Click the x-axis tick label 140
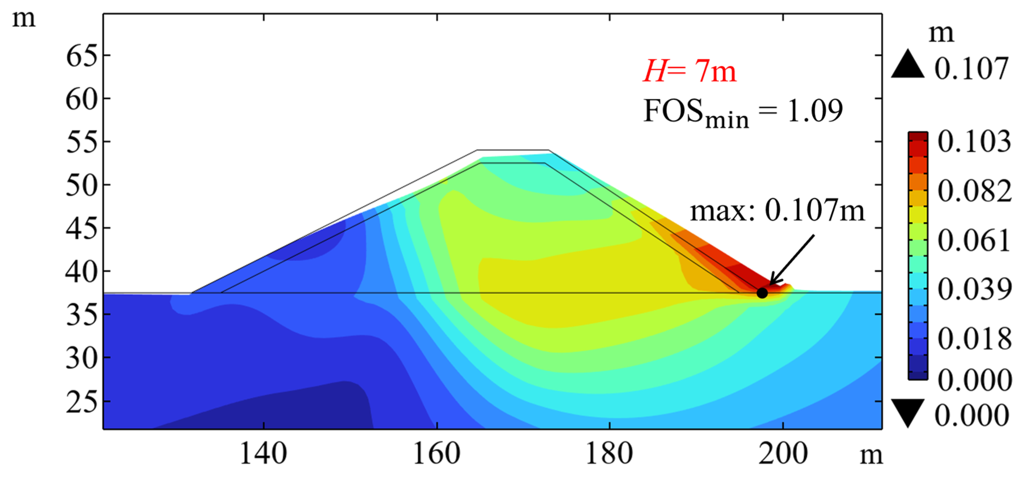[263, 454]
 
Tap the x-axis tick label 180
[609, 454]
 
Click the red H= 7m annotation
[690, 71]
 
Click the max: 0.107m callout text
[777, 210]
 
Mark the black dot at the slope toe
[762, 293]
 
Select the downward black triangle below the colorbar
[908, 413]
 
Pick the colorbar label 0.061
[974, 241]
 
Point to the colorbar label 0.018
[974, 339]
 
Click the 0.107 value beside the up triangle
[971, 69]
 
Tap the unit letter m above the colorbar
[941, 33]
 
